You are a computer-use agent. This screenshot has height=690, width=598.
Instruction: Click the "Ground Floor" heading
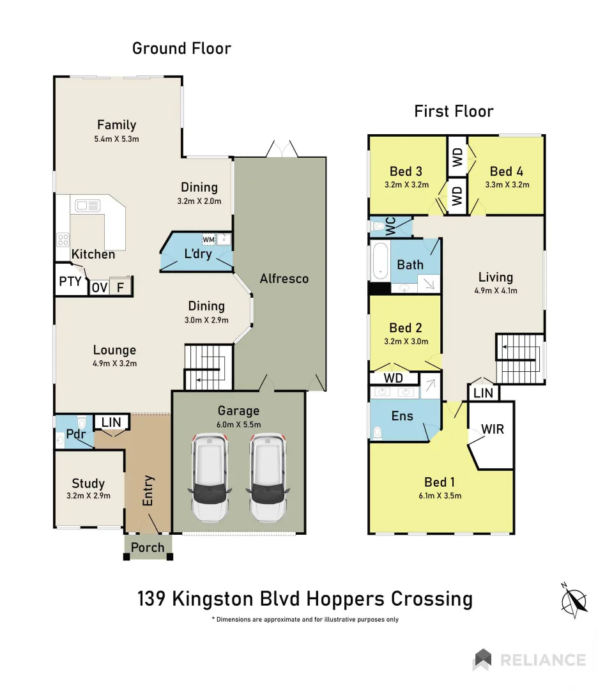click(x=181, y=48)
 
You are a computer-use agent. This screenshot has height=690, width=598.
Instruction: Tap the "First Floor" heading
click(x=454, y=111)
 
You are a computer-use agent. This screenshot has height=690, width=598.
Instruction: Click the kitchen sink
click(x=88, y=205)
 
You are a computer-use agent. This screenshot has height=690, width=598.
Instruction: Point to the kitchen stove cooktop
click(x=63, y=240)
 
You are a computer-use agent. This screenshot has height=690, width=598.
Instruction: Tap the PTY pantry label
click(x=70, y=281)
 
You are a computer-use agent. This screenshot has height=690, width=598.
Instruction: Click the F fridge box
click(x=119, y=287)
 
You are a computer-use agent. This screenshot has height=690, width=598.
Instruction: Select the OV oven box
click(x=99, y=287)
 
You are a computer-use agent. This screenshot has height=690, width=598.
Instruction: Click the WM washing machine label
click(x=208, y=240)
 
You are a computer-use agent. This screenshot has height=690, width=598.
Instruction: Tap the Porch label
click(x=148, y=548)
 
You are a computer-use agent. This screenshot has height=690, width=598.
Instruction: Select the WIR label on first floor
click(x=493, y=429)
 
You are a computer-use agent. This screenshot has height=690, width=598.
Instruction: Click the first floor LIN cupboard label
click(x=483, y=393)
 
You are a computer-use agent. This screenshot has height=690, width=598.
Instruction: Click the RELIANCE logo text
click(x=542, y=659)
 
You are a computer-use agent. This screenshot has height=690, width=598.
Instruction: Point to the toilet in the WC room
click(x=378, y=226)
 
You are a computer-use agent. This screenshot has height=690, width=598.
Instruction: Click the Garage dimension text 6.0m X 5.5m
click(x=239, y=424)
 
